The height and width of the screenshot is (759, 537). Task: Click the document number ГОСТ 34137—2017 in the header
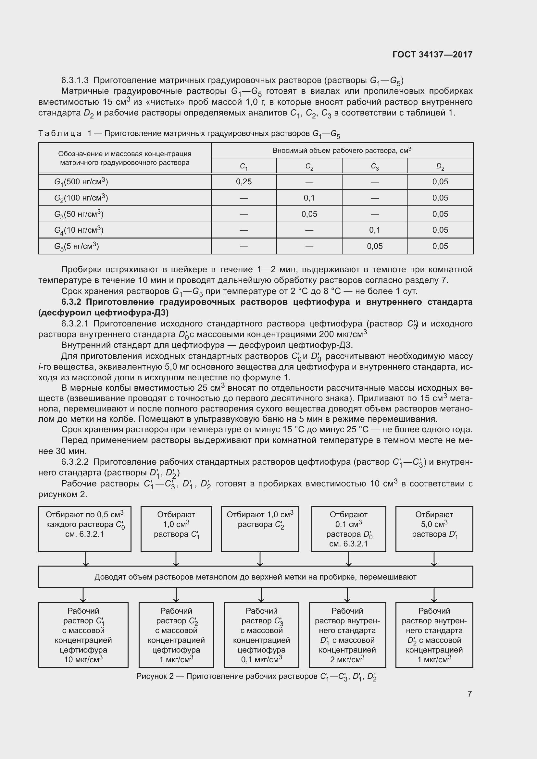pyautogui.click(x=432, y=55)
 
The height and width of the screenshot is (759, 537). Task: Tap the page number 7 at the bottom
pyautogui.click(x=469, y=693)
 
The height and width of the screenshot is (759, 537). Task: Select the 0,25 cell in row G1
pyautogui.click(x=244, y=181)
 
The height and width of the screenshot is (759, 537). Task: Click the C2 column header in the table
pyautogui.click(x=309, y=166)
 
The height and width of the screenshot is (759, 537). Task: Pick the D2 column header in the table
pyautogui.click(x=440, y=166)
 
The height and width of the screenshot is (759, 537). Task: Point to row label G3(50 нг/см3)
pyautogui.click(x=79, y=214)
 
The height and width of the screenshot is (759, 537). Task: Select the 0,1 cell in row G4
pyautogui.click(x=375, y=230)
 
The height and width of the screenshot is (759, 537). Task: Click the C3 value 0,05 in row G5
pyautogui.click(x=375, y=246)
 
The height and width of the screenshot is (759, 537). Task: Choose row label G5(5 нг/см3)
pyautogui.click(x=76, y=246)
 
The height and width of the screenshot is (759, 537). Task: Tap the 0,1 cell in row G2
pyautogui.click(x=309, y=198)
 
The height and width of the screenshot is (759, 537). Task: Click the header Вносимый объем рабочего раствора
pyautogui.click(x=342, y=151)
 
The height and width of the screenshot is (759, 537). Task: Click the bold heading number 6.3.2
pyautogui.click(x=71, y=302)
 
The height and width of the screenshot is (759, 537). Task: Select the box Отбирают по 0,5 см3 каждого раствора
pyautogui.click(x=85, y=529)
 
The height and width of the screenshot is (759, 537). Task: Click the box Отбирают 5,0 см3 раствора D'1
pyautogui.click(x=434, y=529)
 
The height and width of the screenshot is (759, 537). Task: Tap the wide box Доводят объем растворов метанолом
pyautogui.click(x=255, y=577)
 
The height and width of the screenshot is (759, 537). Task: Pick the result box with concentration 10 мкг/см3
pyautogui.click(x=83, y=635)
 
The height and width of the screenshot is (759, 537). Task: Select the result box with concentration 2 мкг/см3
pyautogui.click(x=347, y=635)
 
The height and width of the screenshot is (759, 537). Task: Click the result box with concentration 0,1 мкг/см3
pyautogui.click(x=261, y=635)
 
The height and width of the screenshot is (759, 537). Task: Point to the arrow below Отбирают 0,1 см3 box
pyautogui.click(x=348, y=559)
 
